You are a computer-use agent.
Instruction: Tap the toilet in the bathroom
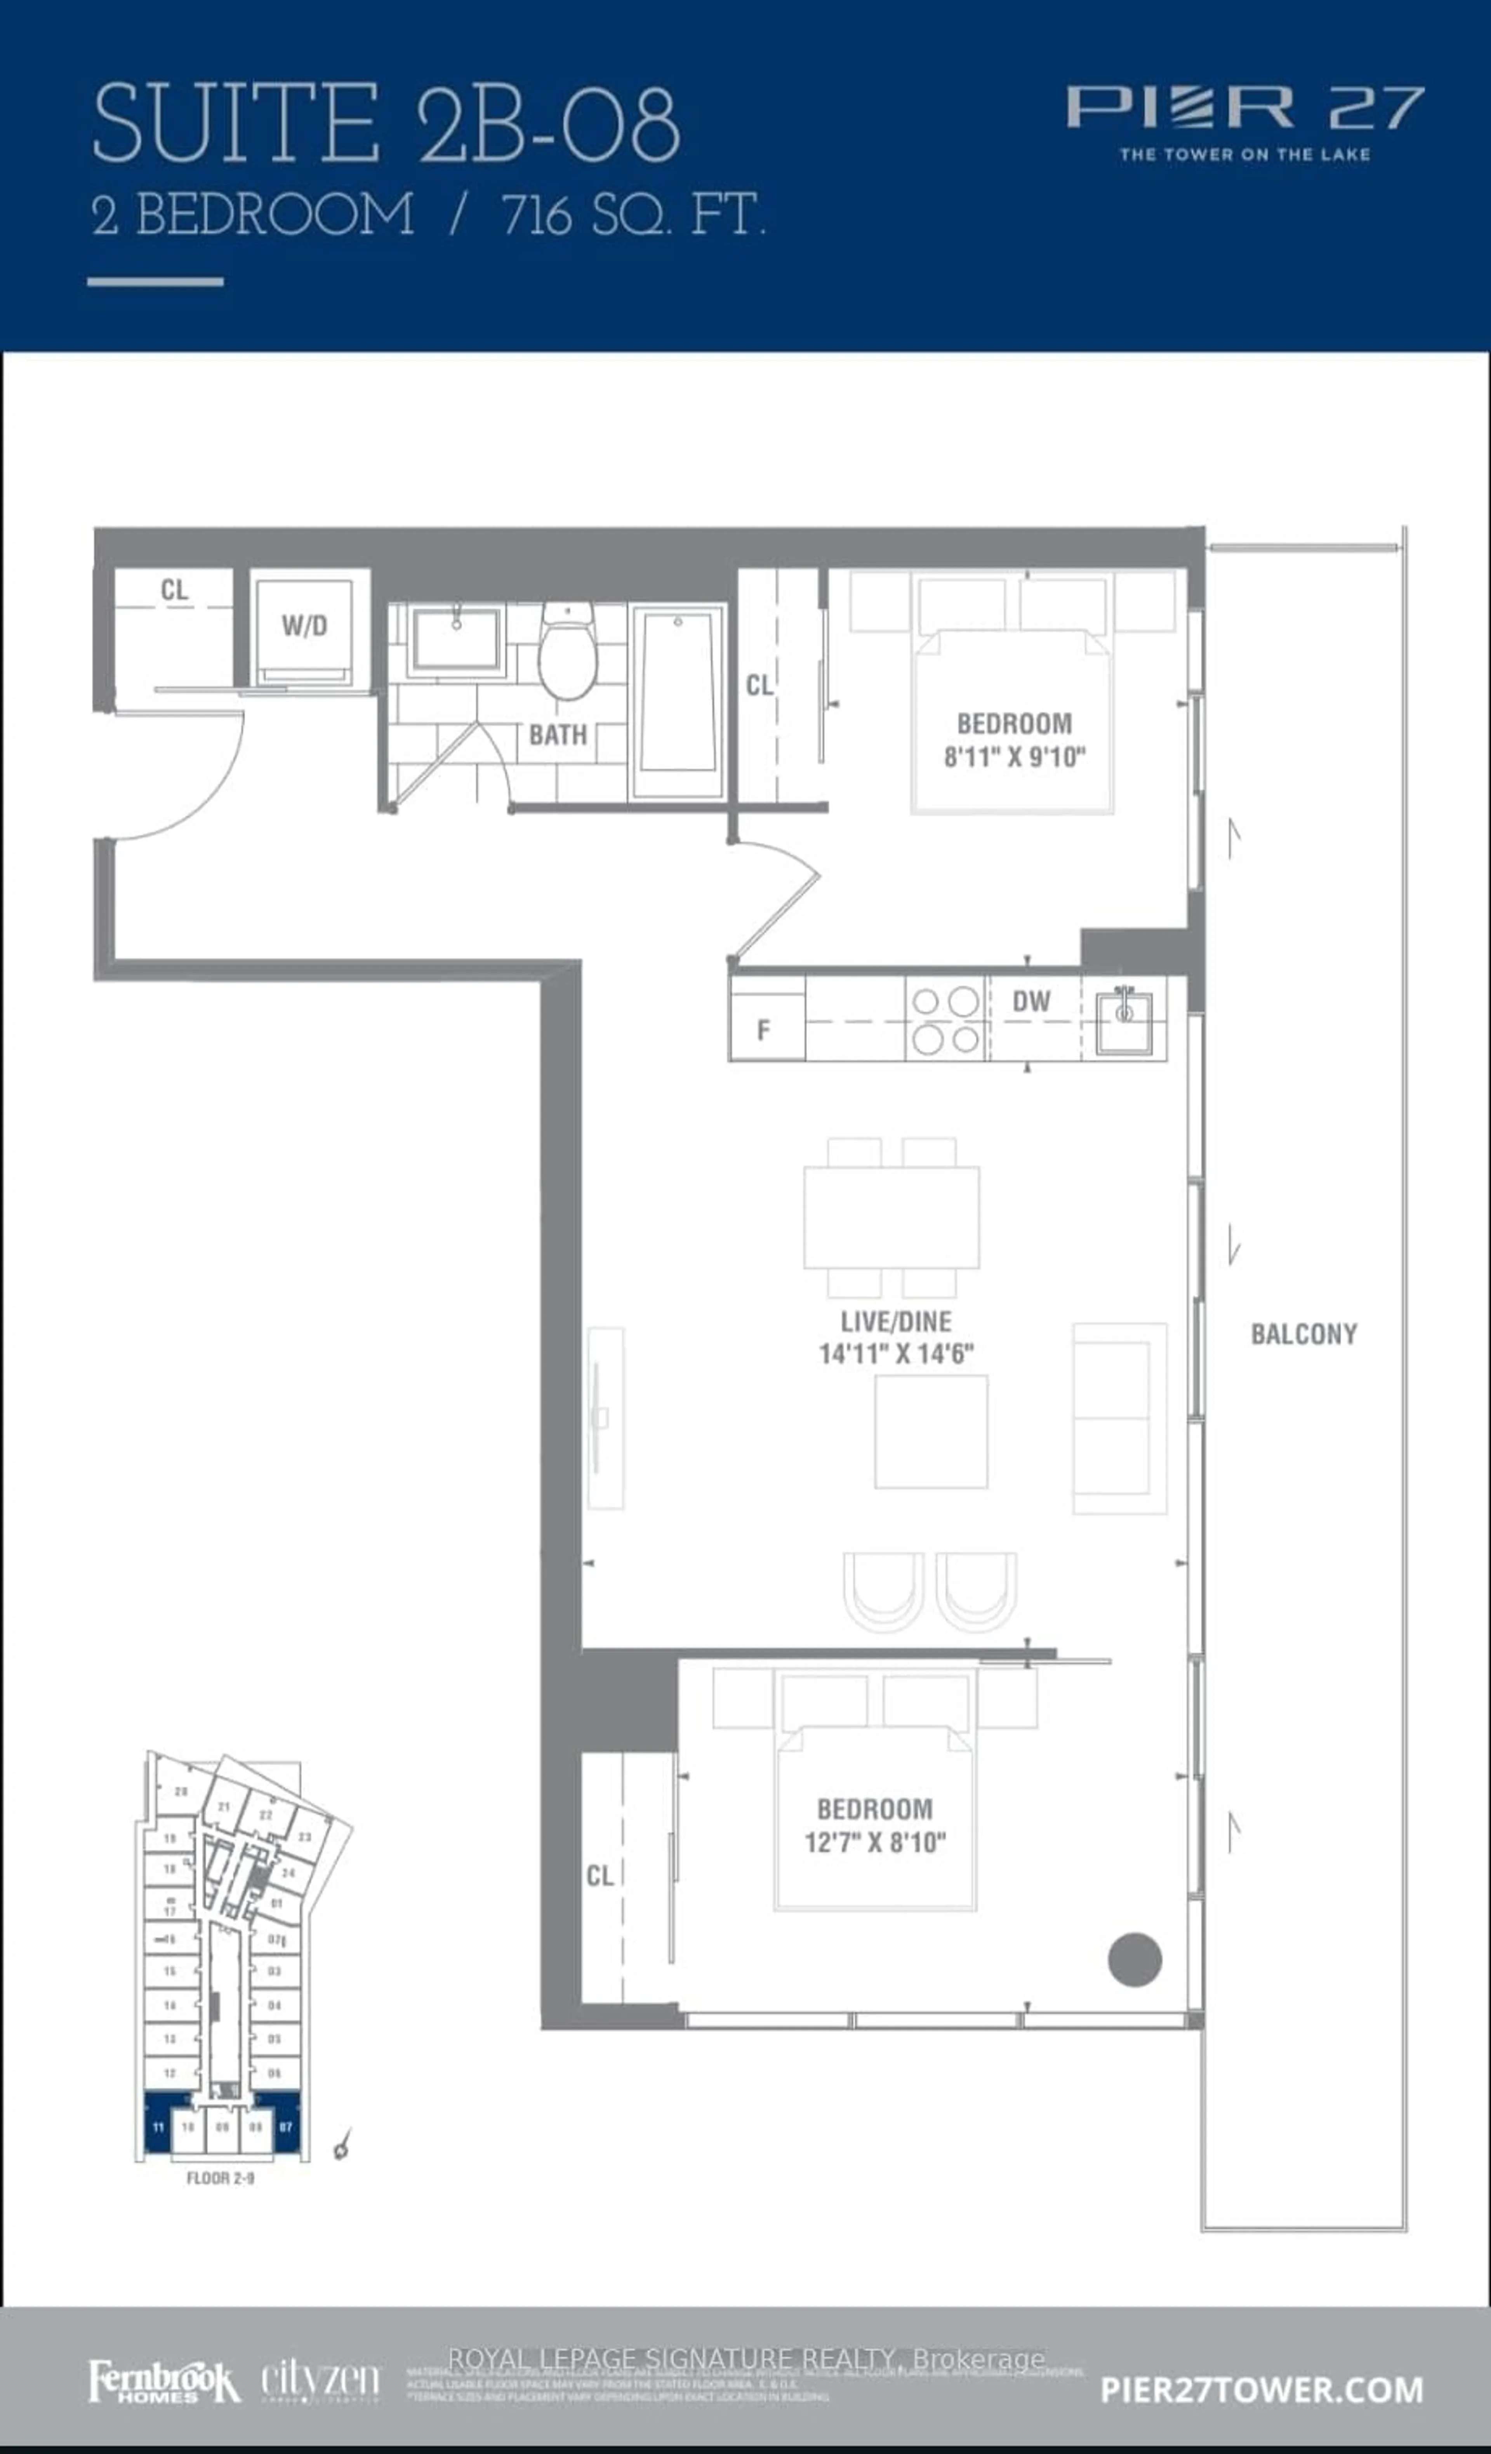(x=567, y=652)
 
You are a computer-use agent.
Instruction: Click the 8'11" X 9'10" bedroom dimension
(x=1014, y=757)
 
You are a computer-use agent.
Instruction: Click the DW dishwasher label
(x=1031, y=1002)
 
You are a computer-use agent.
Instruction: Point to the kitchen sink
(x=1123, y=1021)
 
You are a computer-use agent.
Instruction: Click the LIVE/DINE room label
(x=895, y=1322)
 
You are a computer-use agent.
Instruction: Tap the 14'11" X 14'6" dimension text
(x=895, y=1353)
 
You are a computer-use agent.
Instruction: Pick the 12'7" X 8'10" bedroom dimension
(x=874, y=1843)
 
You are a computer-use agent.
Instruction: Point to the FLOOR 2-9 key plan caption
(x=220, y=2178)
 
